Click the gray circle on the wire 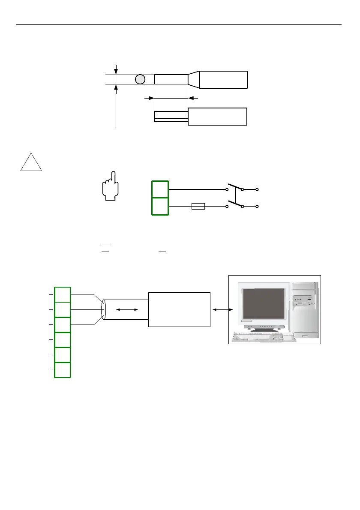click(x=139, y=79)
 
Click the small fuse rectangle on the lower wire click(x=198, y=207)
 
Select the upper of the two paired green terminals click(x=160, y=189)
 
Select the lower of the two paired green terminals click(x=160, y=206)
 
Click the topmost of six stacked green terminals click(x=63, y=294)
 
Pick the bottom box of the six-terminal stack click(x=63, y=370)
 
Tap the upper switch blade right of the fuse click(x=234, y=187)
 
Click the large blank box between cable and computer click(x=179, y=309)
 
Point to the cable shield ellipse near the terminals click(x=103, y=309)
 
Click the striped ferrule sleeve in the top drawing click(x=171, y=116)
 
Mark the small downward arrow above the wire click(x=116, y=69)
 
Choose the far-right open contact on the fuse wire click(x=257, y=207)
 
